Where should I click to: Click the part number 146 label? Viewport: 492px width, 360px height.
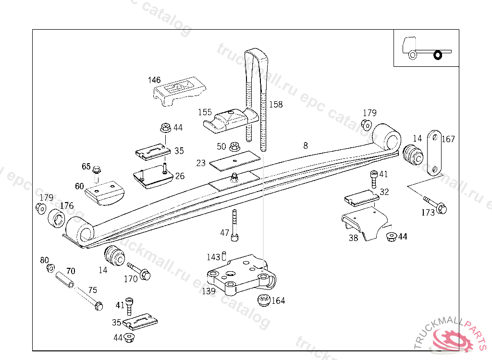pos(154,80)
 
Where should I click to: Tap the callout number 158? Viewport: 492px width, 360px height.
pos(276,104)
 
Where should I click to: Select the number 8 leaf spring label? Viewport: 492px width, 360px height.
pos(306,145)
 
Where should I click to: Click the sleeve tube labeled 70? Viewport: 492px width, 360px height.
pos(65,280)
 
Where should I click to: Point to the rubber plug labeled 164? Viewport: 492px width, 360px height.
pos(263,300)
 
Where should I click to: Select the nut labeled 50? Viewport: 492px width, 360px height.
pos(234,146)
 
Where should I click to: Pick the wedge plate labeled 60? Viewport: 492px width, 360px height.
pos(104,193)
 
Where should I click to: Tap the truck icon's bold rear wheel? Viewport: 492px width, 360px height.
pos(437,55)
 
